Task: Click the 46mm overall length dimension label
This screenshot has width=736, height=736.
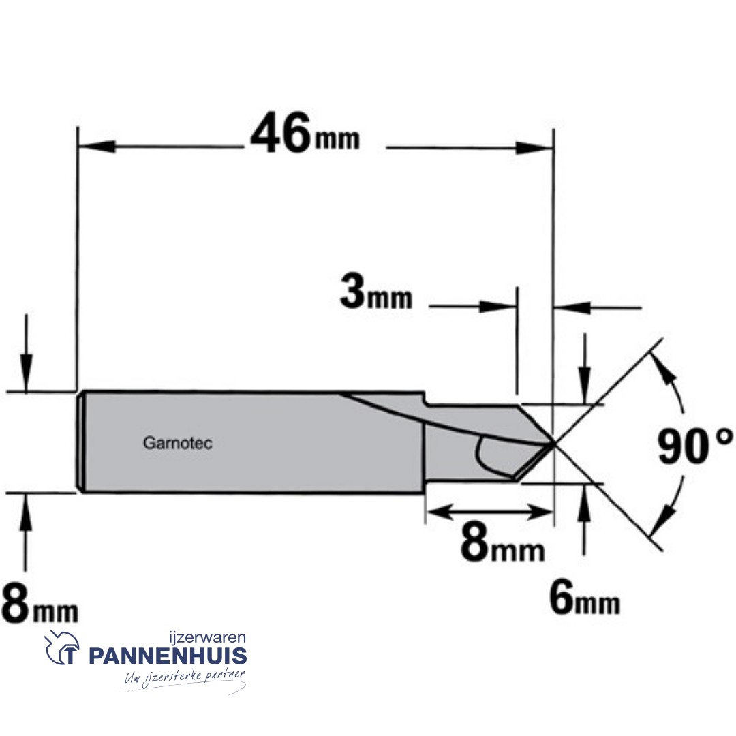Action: pos(305,134)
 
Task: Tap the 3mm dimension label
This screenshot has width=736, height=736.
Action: pos(376,293)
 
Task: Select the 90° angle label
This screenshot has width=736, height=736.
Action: pos(694,446)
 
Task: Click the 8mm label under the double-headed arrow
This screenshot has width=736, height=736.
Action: pos(503,545)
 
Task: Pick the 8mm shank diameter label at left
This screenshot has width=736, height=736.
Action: pos(40,604)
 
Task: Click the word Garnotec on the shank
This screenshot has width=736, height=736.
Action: pos(177,443)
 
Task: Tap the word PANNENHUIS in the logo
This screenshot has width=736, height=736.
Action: pos(168,656)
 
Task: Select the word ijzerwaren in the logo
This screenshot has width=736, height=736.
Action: pos(207,638)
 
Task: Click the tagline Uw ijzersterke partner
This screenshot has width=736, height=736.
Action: pos(185,677)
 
